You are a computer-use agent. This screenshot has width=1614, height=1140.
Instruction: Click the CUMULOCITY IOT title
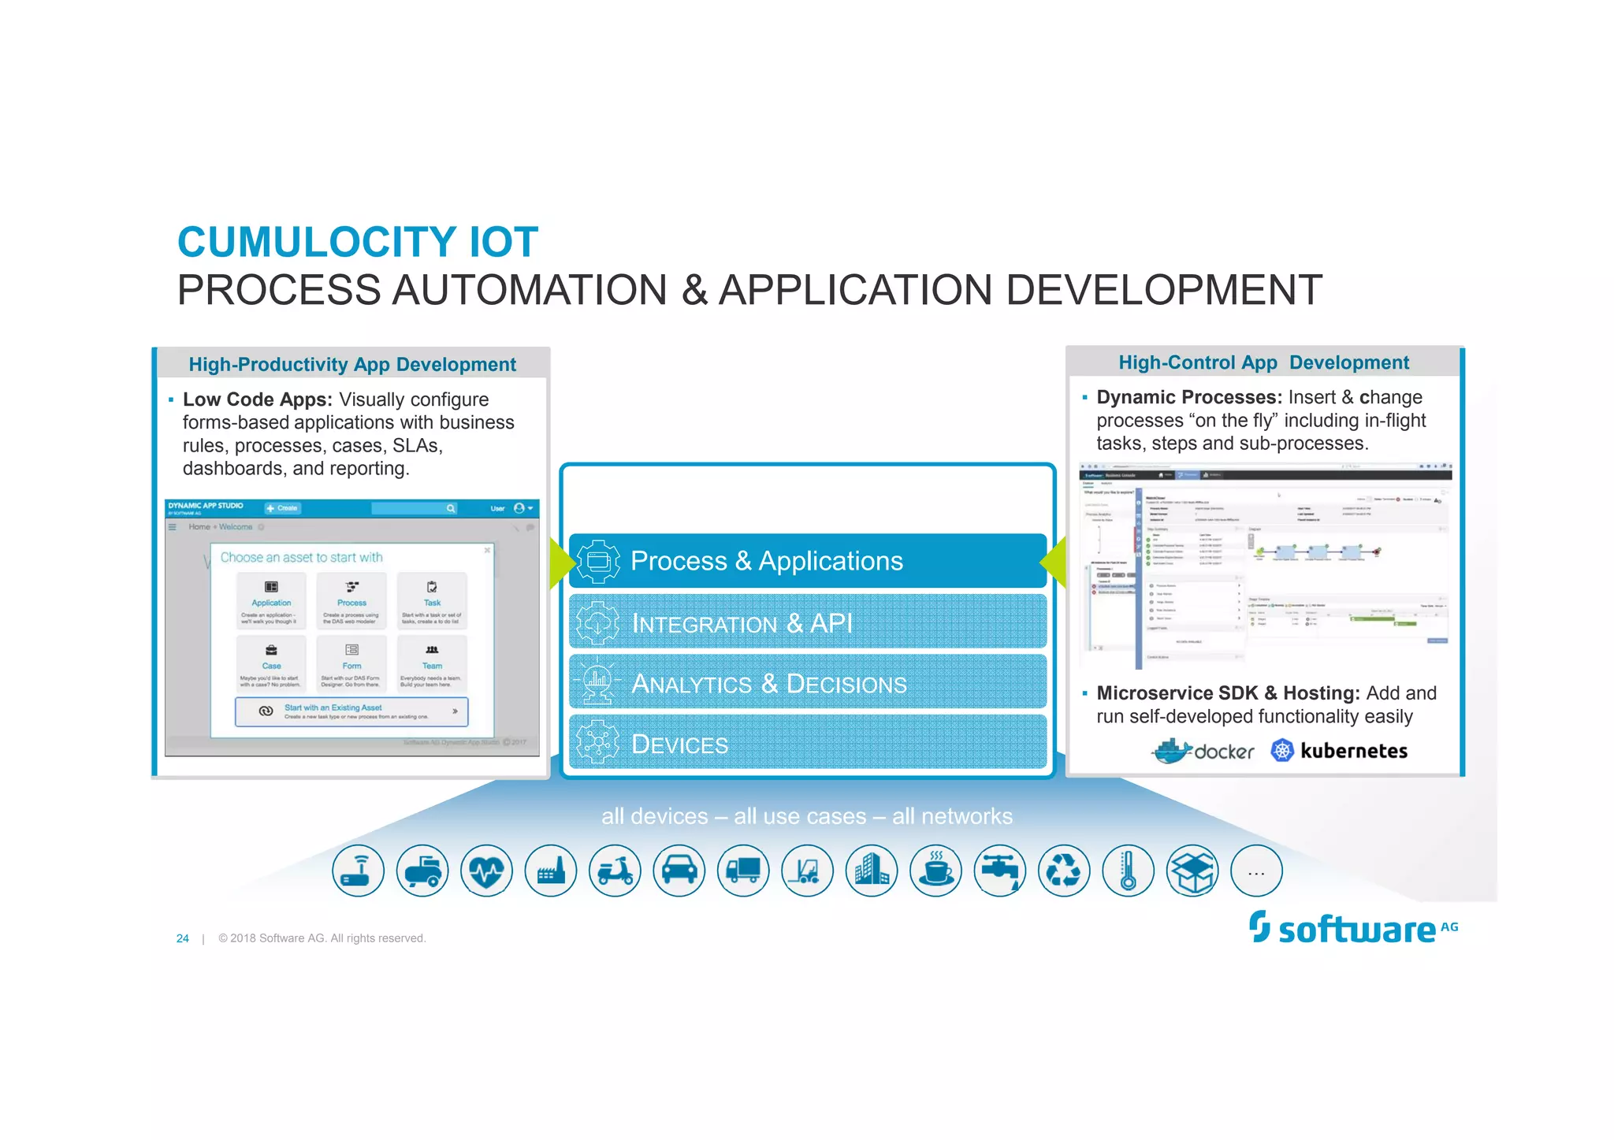pos(357,242)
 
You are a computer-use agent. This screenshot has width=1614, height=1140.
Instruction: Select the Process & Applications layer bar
pos(807,561)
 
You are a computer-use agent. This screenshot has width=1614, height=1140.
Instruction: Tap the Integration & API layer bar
pos(807,622)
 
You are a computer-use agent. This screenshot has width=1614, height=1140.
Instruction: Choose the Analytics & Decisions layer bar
pos(807,683)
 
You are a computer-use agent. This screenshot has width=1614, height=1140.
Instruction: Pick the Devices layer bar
pos(807,743)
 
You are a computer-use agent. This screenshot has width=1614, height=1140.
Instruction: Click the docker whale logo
pos(1173,751)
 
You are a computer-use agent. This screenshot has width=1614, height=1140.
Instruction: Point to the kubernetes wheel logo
pos(1282,751)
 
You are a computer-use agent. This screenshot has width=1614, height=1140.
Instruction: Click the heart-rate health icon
pos(486,871)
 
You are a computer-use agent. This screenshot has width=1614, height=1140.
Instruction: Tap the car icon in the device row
pos(679,871)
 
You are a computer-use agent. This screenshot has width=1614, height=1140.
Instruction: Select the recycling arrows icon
pos(1064,871)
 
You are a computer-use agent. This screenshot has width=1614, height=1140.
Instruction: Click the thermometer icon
pos(1129,871)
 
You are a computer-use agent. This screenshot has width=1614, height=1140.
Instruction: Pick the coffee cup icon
pos(935,871)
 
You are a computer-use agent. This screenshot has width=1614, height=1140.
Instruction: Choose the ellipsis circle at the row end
pos(1256,871)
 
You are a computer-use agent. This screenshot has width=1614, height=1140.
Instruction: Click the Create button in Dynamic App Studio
pos(282,508)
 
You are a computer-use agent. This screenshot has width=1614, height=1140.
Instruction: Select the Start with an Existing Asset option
pos(351,711)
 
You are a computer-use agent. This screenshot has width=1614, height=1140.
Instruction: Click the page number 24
pos(183,938)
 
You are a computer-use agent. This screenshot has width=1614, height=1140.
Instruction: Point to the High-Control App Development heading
pos(1263,362)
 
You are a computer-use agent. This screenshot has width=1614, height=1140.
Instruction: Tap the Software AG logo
pos(1352,929)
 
